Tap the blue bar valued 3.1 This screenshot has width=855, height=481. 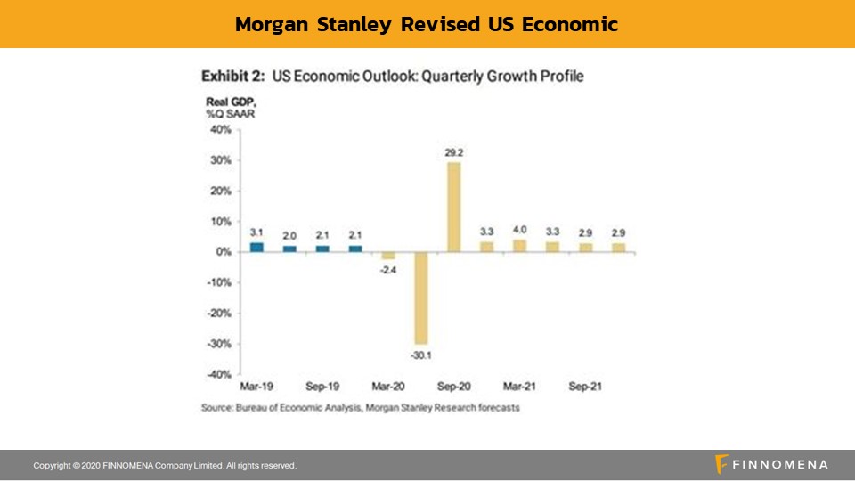[256, 247]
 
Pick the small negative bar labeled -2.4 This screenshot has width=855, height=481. [388, 256]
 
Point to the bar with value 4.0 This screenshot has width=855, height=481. [519, 246]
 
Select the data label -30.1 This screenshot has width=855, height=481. [420, 355]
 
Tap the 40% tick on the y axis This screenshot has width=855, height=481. [219, 130]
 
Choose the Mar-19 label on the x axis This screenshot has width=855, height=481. [256, 387]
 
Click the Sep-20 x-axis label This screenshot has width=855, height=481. [453, 387]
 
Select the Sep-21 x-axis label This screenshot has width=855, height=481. [585, 387]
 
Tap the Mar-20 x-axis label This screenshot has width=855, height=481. [388, 387]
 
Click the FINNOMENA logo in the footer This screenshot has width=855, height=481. [771, 465]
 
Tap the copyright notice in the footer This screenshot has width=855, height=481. [165, 466]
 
